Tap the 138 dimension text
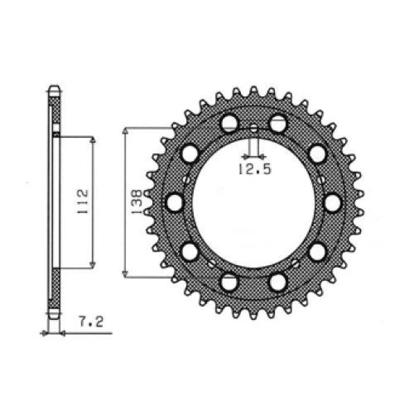tap(136, 202)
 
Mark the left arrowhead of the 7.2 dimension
tap(44, 333)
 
